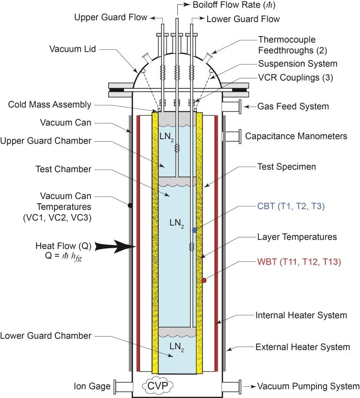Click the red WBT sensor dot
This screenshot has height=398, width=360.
pos(203,281)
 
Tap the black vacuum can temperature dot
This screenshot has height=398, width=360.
pos(129,205)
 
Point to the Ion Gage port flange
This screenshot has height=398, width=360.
pos(123,386)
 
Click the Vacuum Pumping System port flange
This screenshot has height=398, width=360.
pos(231,386)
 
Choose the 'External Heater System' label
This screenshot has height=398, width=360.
pos(302,347)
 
